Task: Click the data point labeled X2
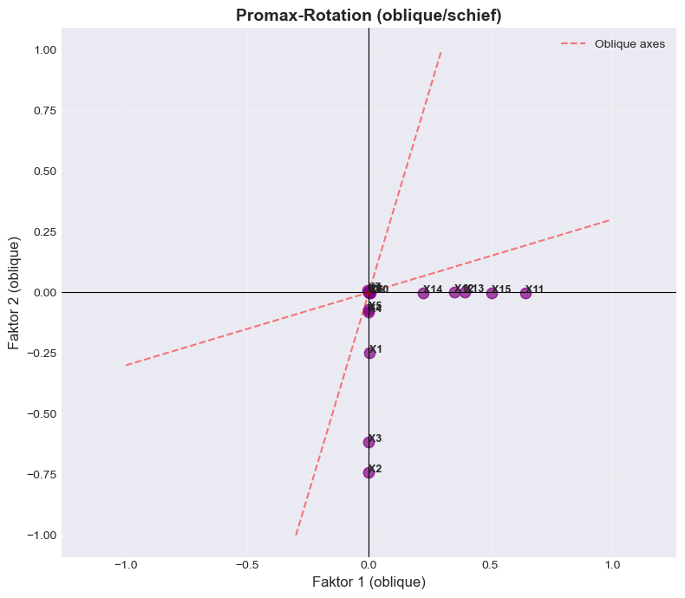(369, 472)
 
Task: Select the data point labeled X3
(369, 442)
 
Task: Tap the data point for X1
(369, 353)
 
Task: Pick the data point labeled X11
(525, 293)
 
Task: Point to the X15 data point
(492, 293)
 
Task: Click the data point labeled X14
(423, 293)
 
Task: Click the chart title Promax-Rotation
(369, 15)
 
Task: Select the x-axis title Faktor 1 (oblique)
(369, 582)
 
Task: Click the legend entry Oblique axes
(630, 43)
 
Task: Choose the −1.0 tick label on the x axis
(126, 565)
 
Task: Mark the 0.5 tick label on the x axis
(491, 565)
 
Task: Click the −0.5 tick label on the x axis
(247, 565)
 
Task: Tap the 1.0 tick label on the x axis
(612, 565)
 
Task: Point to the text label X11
(535, 289)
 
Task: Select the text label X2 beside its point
(375, 469)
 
